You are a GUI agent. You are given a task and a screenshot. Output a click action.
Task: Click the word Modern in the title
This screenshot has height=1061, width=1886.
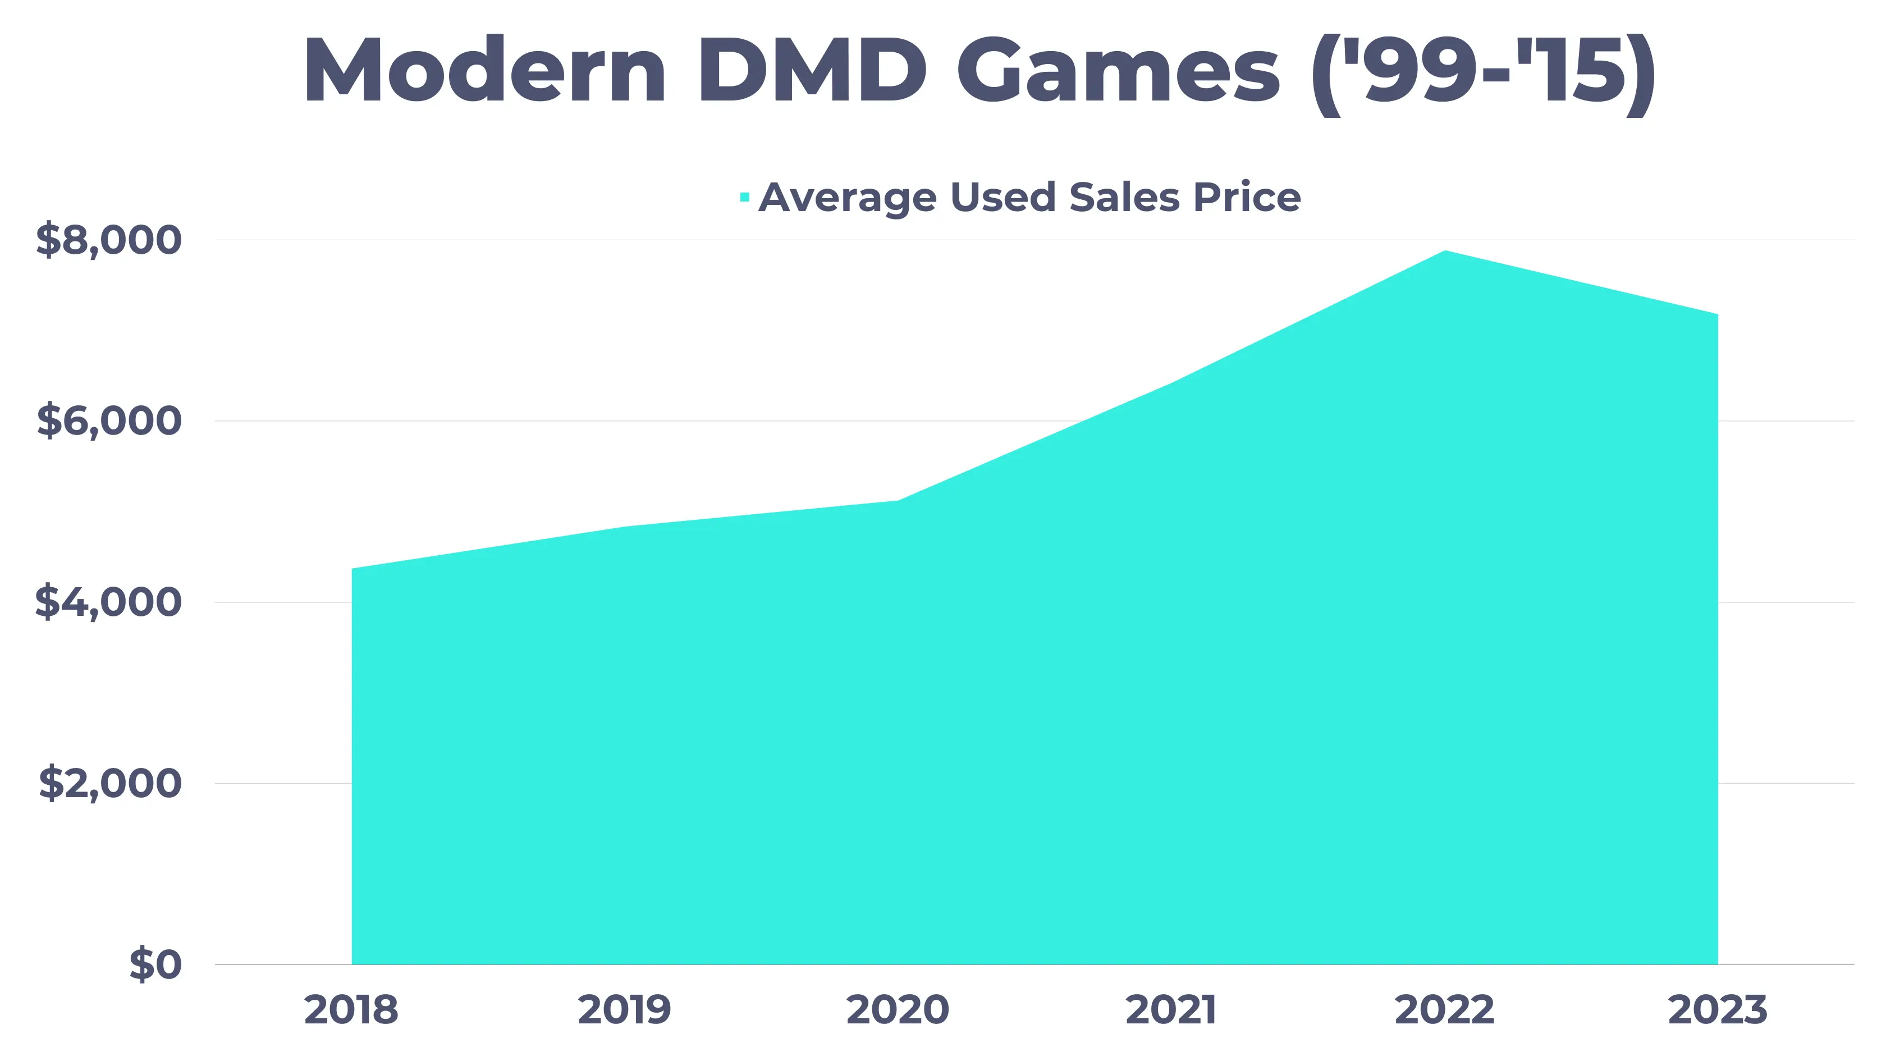(484, 72)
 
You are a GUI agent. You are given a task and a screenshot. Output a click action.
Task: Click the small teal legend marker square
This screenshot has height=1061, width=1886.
(745, 197)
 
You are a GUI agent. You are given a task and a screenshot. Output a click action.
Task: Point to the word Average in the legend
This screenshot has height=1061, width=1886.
(847, 198)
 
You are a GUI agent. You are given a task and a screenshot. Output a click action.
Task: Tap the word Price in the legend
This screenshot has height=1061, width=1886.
(1246, 198)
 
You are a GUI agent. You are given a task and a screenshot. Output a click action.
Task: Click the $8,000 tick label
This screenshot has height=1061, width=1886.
(108, 240)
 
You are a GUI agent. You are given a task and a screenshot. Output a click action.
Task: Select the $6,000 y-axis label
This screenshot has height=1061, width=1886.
(108, 421)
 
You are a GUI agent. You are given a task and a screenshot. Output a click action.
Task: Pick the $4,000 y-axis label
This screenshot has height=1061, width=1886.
(108, 602)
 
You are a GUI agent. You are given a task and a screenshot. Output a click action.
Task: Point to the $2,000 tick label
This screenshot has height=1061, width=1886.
(110, 783)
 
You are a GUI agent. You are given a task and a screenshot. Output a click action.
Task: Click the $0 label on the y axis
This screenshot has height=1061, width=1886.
(155, 964)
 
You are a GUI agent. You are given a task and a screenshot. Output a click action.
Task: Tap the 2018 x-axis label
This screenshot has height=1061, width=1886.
(351, 1010)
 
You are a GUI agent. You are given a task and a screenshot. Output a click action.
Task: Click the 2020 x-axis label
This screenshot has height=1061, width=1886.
(898, 1010)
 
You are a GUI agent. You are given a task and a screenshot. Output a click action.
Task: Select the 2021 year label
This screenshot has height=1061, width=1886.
(1171, 1010)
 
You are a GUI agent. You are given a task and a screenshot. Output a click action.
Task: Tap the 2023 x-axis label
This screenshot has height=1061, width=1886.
(1717, 1010)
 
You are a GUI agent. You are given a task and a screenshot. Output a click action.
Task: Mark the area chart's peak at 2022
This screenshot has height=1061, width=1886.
(1444, 252)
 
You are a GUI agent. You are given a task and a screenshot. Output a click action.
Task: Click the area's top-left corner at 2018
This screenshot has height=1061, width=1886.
(353, 569)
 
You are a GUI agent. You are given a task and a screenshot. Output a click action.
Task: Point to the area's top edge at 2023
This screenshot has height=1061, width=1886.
(1716, 315)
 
